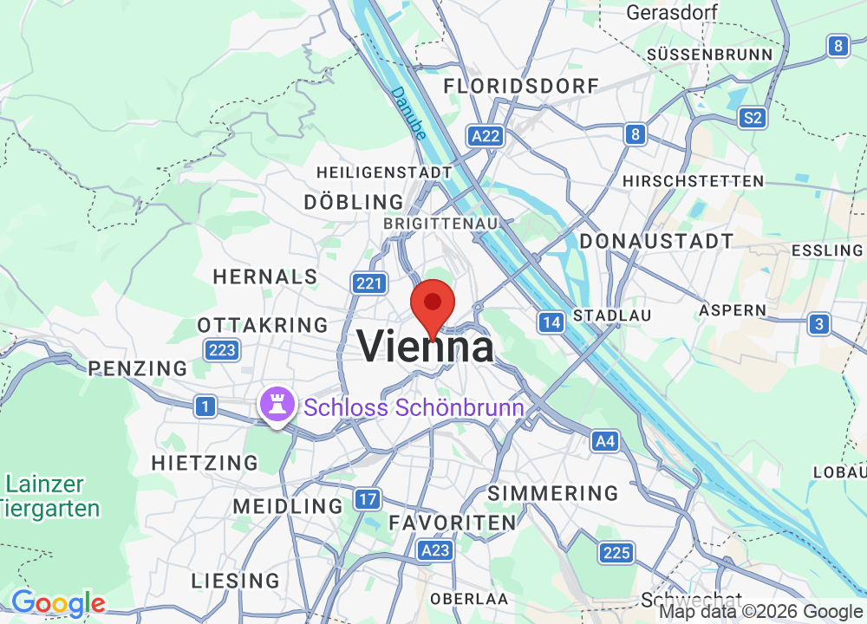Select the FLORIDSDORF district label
521,86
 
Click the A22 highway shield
486,135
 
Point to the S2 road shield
753,118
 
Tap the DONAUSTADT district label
656,241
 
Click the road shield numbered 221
368,283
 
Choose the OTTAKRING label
263,325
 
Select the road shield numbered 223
221,350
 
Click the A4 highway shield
605,442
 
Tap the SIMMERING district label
553,493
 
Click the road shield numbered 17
368,498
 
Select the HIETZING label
205,463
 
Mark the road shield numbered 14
551,322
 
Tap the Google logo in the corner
57,603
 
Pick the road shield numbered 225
616,552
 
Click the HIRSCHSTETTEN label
693,181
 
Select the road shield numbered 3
818,324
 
